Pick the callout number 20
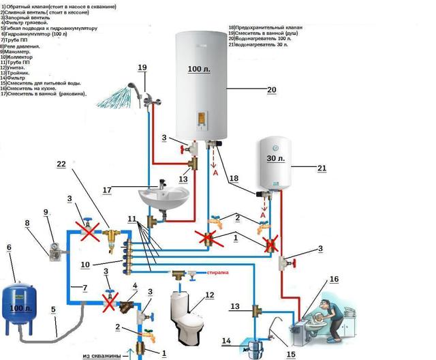click(x=253, y=89)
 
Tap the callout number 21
click(x=322, y=168)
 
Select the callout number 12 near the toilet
click(x=210, y=295)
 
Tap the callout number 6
click(x=9, y=247)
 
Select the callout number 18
click(x=233, y=179)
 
